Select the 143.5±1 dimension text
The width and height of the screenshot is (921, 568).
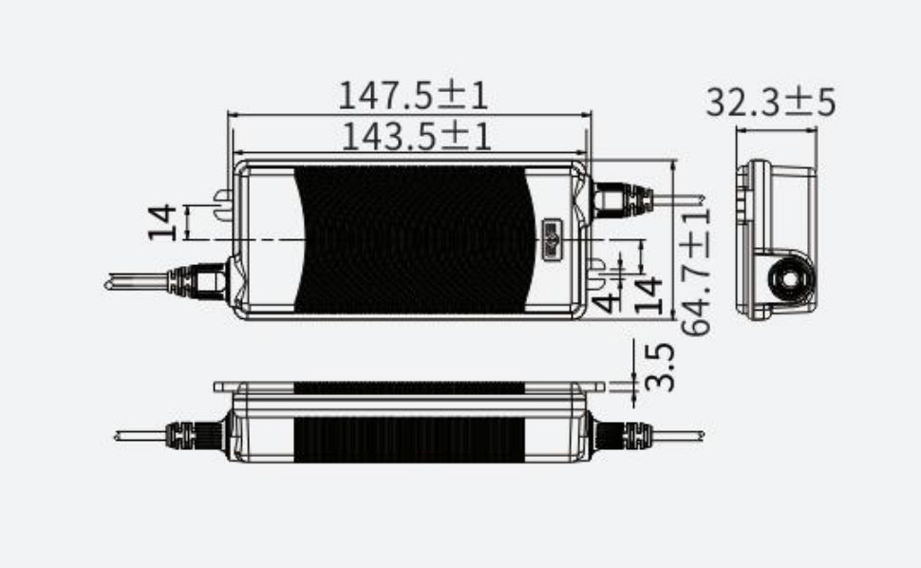415,138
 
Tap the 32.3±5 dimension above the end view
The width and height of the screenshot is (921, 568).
770,102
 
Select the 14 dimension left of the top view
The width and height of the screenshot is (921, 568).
163,221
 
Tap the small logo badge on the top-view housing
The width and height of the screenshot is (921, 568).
552,236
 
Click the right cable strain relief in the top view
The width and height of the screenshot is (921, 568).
622,200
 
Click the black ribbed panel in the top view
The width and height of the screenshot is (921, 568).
413,239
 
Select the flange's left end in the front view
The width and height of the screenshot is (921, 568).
221,387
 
